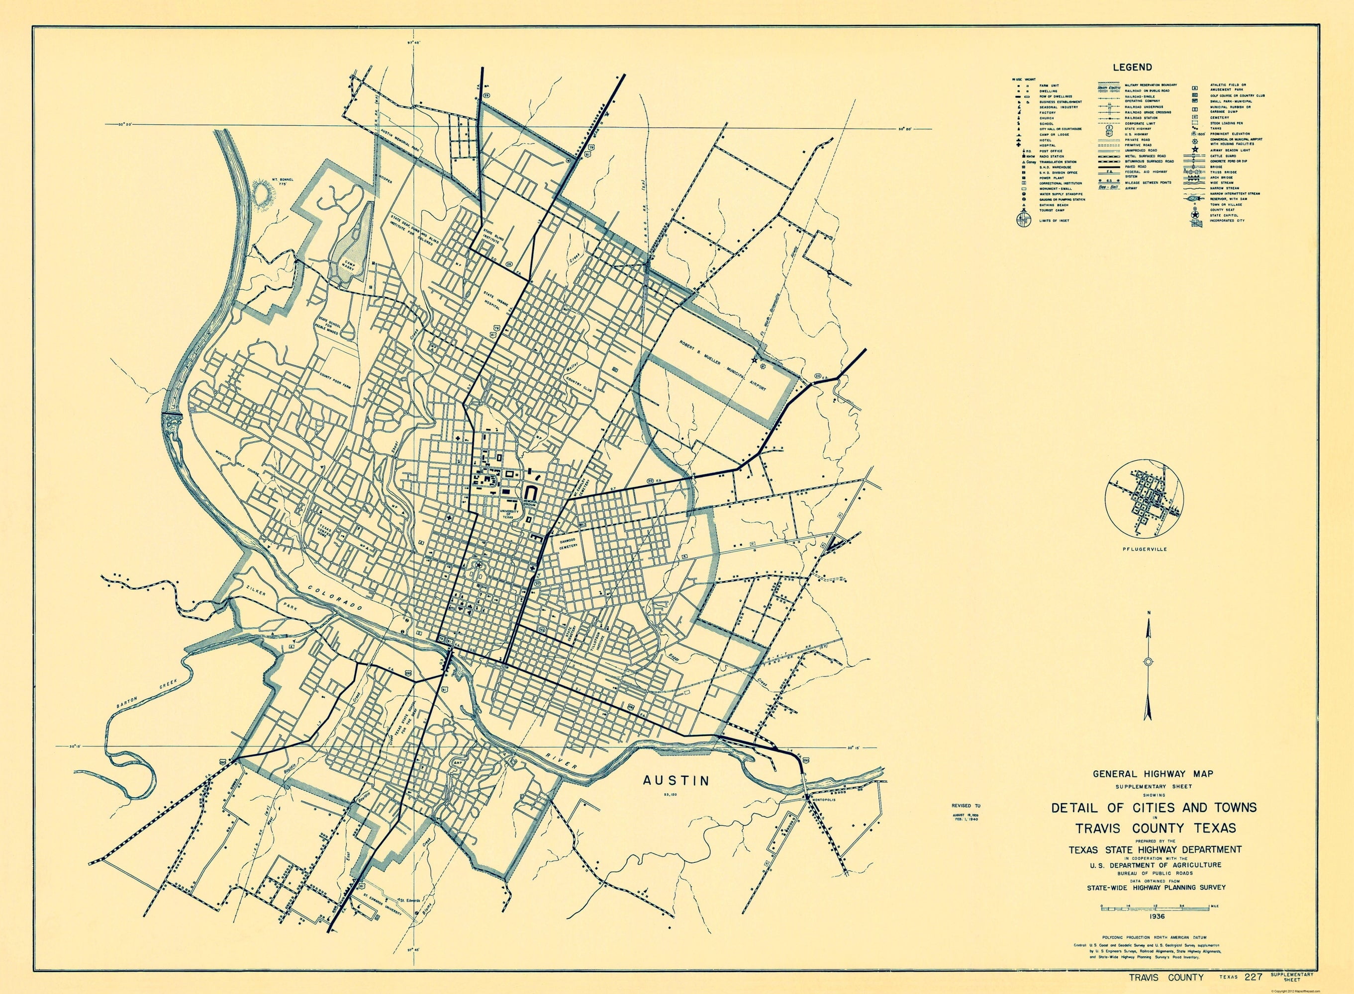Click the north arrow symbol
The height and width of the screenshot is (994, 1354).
1148,662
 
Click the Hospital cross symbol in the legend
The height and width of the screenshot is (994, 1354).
1019,145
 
